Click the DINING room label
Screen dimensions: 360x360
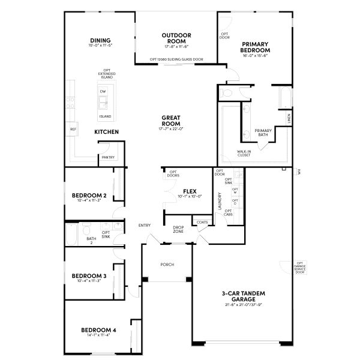tap(101, 41)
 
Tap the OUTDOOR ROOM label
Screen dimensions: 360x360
tap(176, 38)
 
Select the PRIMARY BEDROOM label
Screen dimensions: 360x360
tap(254, 47)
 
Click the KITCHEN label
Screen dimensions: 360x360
tap(106, 131)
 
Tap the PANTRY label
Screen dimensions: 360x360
tap(108, 157)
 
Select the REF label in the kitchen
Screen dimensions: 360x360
tap(73, 129)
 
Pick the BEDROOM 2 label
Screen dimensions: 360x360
tap(89, 196)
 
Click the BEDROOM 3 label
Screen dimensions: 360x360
tap(89, 276)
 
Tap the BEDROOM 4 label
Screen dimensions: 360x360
tap(98, 330)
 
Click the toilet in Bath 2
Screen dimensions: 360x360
tap(88, 232)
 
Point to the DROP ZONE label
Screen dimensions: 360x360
tap(178, 230)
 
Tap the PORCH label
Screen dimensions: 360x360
tap(167, 264)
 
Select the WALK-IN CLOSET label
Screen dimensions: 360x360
tap(244, 154)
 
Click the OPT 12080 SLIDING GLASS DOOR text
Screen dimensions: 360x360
tap(176, 59)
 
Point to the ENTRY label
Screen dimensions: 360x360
tap(145, 225)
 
